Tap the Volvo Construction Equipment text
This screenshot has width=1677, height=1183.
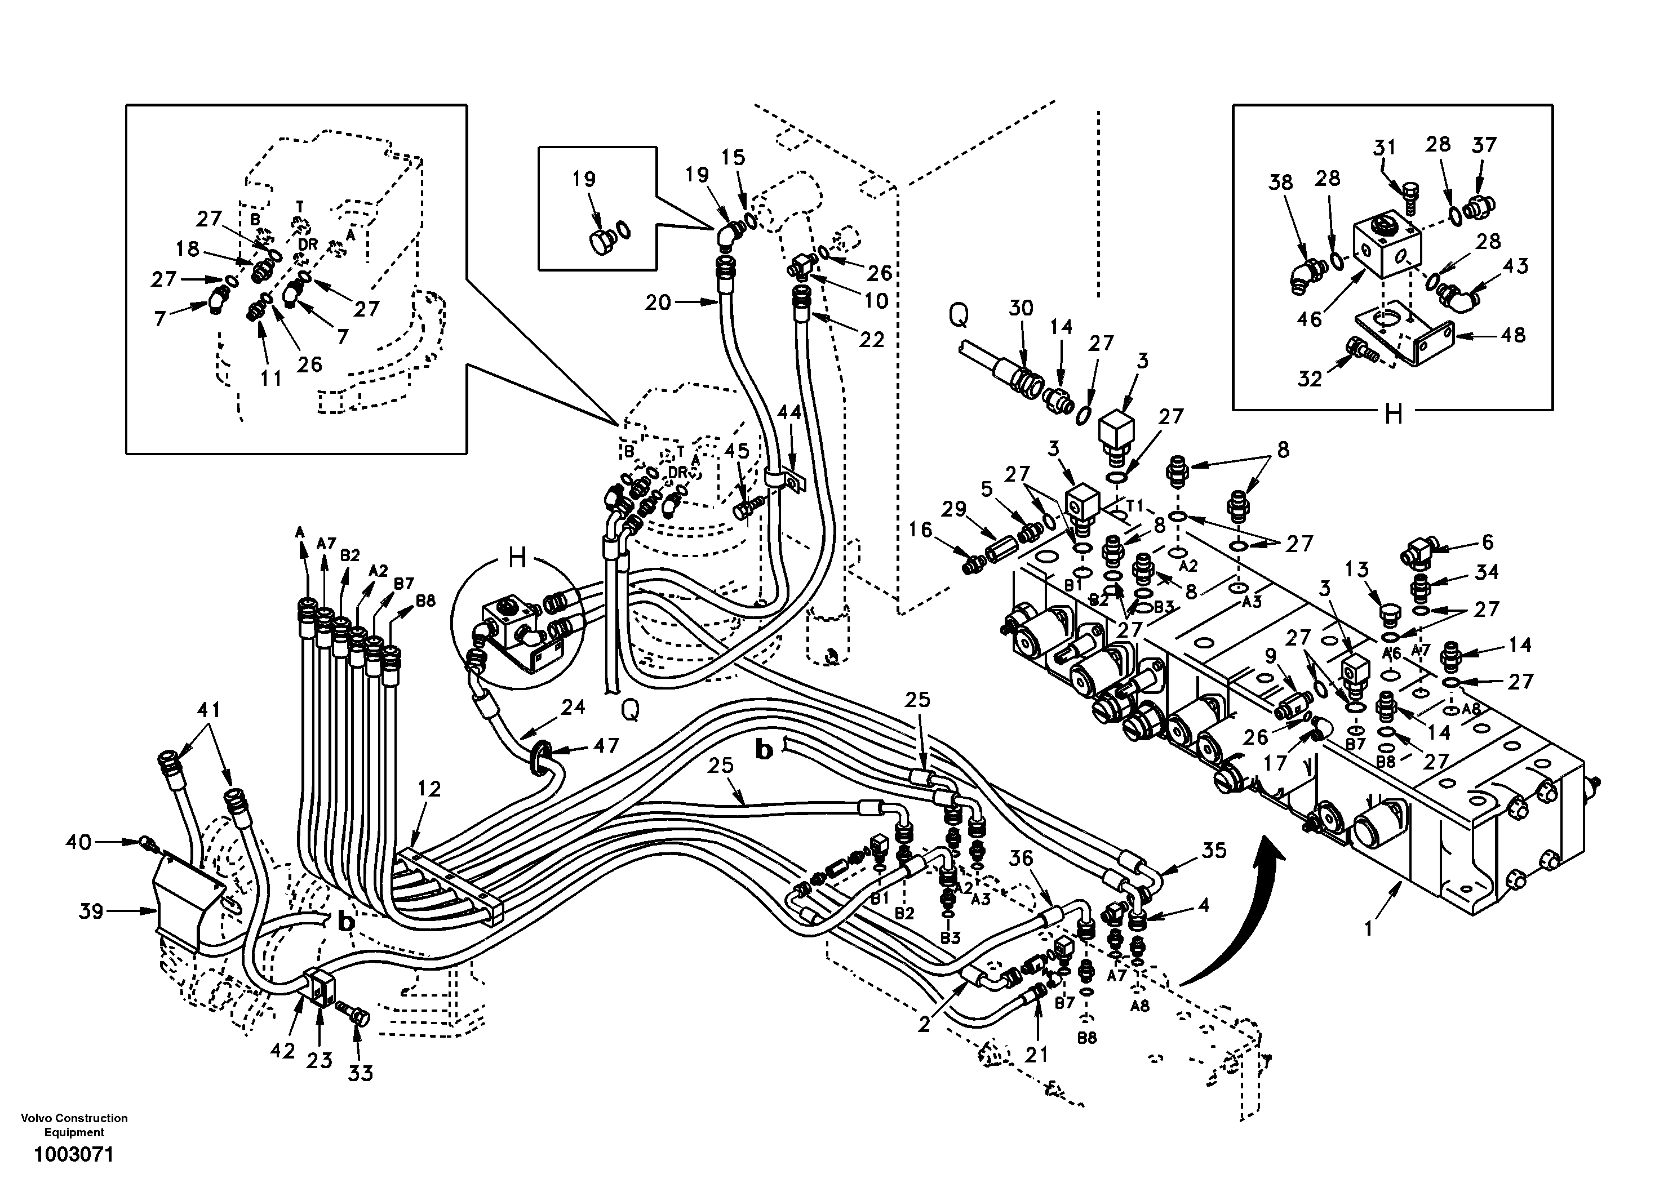(x=74, y=1124)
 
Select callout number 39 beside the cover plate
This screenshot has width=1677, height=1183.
(x=91, y=911)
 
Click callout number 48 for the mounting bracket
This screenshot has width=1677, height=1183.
(x=1514, y=335)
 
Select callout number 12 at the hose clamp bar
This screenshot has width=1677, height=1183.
(x=429, y=789)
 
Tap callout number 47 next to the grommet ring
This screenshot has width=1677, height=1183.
(x=606, y=746)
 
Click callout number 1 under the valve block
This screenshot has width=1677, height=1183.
(x=1369, y=929)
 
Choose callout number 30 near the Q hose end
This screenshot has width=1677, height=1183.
(x=1021, y=308)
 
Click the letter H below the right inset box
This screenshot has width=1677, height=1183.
(x=1394, y=415)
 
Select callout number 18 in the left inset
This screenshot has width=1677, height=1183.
(x=187, y=248)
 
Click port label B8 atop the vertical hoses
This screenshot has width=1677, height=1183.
(x=426, y=601)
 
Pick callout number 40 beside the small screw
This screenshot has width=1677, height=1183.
(x=78, y=842)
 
